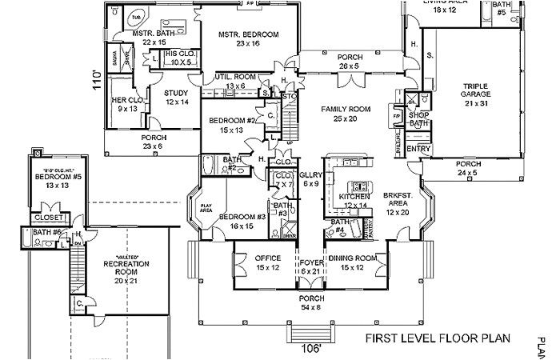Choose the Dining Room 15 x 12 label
coord(354,262)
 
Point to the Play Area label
coord(205,210)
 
